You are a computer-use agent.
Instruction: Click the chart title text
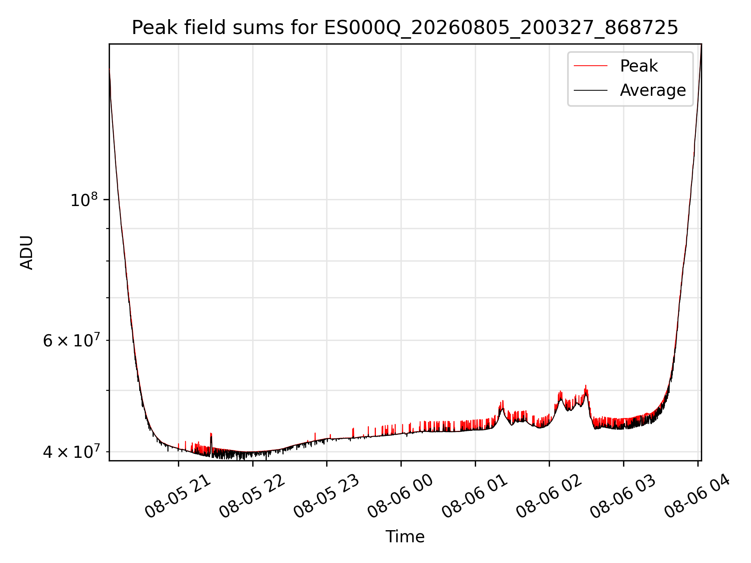point(405,28)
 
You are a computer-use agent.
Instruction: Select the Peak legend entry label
point(639,66)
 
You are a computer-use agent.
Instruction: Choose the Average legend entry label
point(653,90)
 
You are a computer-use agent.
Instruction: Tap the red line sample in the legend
point(591,66)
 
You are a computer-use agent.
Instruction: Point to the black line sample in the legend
point(591,90)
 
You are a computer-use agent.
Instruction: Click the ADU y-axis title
point(27,253)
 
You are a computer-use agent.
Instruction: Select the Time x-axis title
point(405,537)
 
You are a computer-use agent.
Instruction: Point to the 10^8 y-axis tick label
point(84,199)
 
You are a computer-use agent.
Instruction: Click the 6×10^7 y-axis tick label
point(72,340)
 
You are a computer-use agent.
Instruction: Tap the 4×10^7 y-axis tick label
point(72,452)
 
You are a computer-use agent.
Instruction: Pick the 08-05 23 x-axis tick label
point(327,497)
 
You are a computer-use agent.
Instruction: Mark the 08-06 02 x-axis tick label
point(549,497)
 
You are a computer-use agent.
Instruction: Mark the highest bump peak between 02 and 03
point(586,386)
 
